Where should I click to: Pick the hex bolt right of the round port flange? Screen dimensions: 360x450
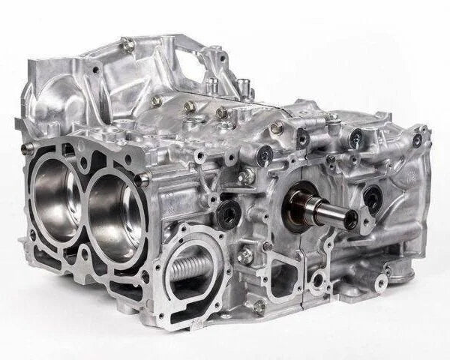(x=245, y=256)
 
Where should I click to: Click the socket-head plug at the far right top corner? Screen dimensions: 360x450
(x=417, y=139)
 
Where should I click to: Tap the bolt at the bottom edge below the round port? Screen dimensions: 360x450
(x=259, y=306)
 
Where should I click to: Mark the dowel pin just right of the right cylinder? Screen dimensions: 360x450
(x=143, y=178)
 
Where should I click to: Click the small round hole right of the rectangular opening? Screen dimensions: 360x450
(x=318, y=281)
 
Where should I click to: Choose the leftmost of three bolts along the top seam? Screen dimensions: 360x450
(x=156, y=100)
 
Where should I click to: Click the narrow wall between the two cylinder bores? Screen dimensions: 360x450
(x=84, y=202)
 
